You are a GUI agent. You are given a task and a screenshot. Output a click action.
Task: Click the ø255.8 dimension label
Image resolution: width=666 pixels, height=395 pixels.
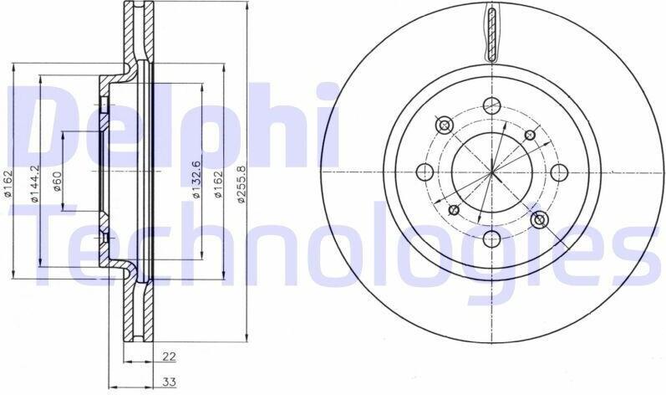click(241, 183)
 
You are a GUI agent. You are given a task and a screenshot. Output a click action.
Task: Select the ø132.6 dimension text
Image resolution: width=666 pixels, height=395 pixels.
click(196, 180)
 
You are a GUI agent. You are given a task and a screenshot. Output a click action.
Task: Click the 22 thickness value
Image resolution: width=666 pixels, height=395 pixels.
click(169, 357)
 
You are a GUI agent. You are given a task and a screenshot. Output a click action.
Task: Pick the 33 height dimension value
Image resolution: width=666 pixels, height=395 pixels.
click(169, 382)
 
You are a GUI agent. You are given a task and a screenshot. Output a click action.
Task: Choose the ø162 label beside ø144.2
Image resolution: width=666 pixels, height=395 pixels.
click(8, 183)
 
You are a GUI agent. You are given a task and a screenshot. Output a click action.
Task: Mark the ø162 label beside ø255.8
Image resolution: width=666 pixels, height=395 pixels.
click(218, 183)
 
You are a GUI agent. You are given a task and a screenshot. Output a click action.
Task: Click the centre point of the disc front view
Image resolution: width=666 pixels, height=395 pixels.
click(492, 172)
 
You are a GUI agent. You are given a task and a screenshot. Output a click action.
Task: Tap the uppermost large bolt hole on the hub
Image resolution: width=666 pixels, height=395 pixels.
click(492, 104)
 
